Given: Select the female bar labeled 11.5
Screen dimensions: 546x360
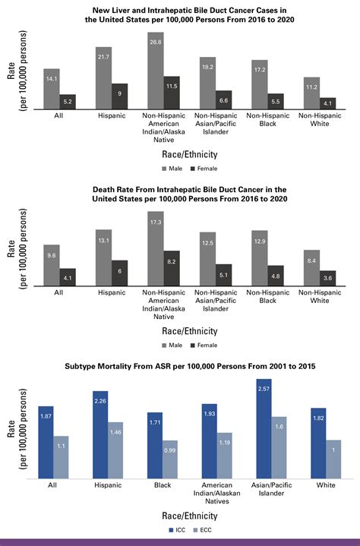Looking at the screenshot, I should (172, 93).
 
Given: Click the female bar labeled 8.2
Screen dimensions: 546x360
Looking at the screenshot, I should (172, 269).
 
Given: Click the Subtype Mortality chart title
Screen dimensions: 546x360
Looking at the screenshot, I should (179, 366).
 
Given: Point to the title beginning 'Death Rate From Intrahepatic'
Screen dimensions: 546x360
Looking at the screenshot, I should (179, 193).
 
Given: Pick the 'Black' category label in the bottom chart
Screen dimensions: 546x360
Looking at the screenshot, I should (155, 484).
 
